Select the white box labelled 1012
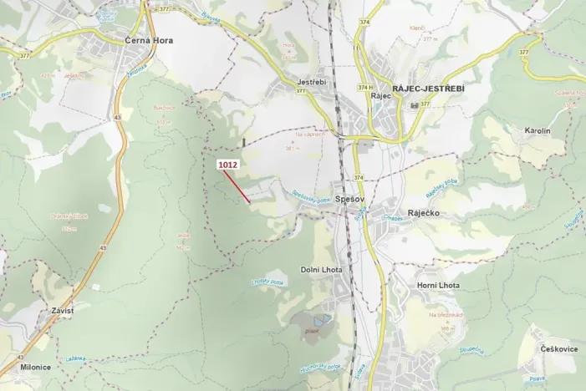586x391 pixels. click(x=228, y=165)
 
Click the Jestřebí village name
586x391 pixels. click(x=311, y=82)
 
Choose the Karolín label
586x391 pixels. click(x=538, y=131)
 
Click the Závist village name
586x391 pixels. click(x=63, y=311)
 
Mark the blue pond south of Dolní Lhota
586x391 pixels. click(x=321, y=318)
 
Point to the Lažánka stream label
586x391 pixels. click(x=77, y=358)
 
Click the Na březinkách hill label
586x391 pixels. click(x=445, y=315)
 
